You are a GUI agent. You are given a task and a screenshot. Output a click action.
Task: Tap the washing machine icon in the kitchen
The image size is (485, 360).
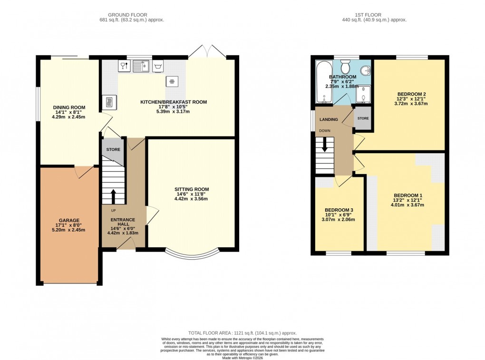click(159, 66)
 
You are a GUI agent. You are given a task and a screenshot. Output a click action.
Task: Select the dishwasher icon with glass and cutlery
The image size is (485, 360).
click(124, 66)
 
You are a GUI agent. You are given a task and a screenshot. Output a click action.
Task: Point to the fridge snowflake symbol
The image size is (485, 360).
click(172, 81)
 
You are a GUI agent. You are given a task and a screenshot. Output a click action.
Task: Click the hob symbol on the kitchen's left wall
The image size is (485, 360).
click(108, 101)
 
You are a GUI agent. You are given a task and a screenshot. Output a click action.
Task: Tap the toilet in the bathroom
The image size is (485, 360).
click(346, 66)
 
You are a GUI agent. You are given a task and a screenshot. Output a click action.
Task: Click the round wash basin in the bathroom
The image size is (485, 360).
click(365, 70)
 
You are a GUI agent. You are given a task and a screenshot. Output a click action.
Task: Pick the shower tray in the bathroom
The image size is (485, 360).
click(364, 94)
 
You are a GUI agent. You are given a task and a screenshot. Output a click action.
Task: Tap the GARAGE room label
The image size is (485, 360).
click(69, 221)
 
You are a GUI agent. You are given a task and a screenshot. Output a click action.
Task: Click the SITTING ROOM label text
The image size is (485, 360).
click(191, 189)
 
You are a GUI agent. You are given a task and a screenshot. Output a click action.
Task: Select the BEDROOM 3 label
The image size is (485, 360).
click(339, 210)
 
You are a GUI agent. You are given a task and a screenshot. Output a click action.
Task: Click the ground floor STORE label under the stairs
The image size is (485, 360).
click(113, 149)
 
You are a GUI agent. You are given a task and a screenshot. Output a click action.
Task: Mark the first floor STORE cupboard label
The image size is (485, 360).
click(363, 118)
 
